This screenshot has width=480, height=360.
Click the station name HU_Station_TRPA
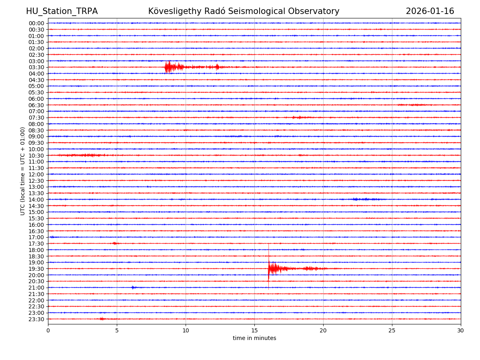coord(62,11)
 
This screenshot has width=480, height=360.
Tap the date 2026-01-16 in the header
coord(430,11)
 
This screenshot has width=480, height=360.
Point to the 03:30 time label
coord(36,67)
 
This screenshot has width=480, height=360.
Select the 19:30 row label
coord(36,269)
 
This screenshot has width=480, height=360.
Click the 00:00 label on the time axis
coord(36,23)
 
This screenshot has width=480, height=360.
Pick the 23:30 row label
coord(36,319)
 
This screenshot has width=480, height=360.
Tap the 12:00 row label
coord(36,174)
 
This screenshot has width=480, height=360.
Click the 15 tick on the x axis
coord(254,330)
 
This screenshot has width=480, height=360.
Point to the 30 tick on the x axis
coord(461,330)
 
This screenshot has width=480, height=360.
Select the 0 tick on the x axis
coord(48,330)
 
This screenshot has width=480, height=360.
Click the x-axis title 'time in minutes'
coord(254,338)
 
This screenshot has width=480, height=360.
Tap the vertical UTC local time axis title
coord(23,171)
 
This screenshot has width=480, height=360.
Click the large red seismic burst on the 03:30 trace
coord(170,67)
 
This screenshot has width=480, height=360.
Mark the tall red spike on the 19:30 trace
coord(269,264)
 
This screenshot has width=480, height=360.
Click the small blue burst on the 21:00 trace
coord(133,287)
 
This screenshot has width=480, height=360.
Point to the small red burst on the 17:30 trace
coord(115,243)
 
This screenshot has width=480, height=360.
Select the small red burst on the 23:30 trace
coord(102,319)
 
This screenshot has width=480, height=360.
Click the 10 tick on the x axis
coord(186,330)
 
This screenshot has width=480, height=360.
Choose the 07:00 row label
coord(36,111)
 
